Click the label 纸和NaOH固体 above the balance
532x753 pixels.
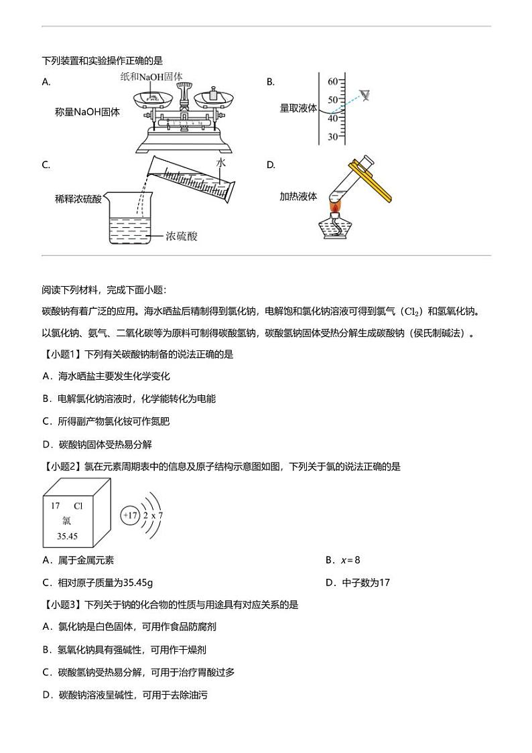(x=151, y=77)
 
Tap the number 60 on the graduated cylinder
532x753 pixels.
(x=332, y=82)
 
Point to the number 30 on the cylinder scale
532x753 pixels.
(x=332, y=137)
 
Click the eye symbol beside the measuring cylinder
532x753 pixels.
(x=364, y=95)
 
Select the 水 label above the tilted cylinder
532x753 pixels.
(x=222, y=163)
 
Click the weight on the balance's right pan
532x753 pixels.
(x=212, y=95)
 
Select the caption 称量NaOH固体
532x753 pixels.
(x=87, y=113)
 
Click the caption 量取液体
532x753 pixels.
(x=298, y=108)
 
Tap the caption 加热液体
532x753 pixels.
(x=298, y=196)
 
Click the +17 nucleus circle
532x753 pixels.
(x=130, y=516)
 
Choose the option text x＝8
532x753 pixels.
(x=351, y=560)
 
